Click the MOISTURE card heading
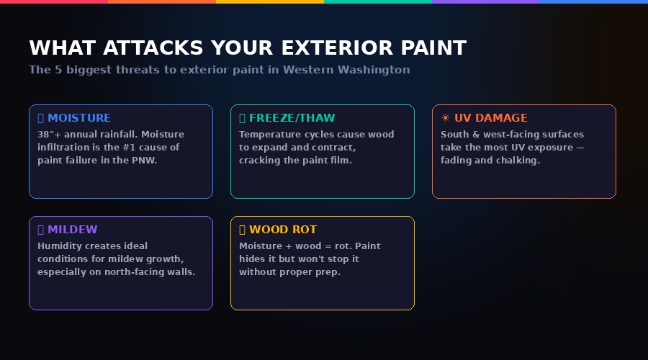[79, 118]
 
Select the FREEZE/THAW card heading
[292, 118]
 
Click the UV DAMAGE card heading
[490, 118]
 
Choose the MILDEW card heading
[72, 230]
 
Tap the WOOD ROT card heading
[283, 230]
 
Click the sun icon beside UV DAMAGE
[445, 118]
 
